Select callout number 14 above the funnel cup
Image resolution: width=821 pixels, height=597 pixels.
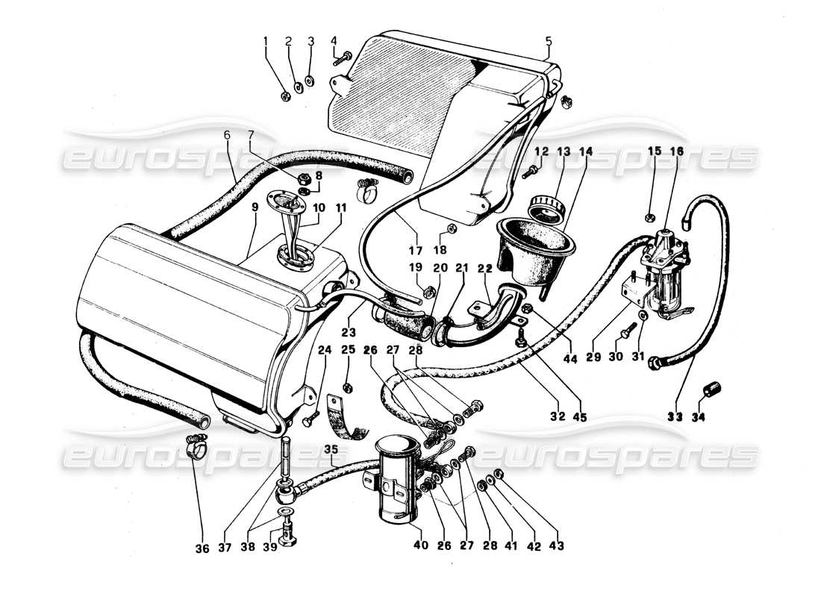(584, 151)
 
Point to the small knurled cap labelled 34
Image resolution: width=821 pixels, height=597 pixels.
(711, 391)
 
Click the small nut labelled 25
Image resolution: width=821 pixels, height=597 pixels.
(348, 387)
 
